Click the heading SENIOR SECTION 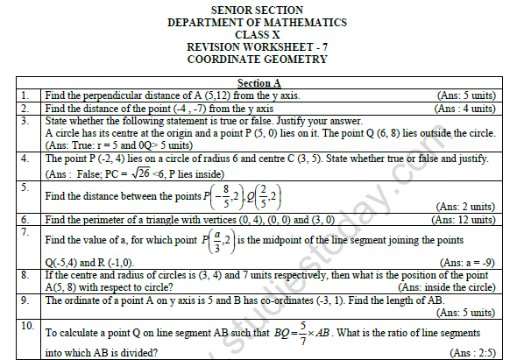point(255,8)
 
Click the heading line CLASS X point(255,34)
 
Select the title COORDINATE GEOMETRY point(255,60)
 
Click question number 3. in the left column point(27,121)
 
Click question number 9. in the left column point(27,300)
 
